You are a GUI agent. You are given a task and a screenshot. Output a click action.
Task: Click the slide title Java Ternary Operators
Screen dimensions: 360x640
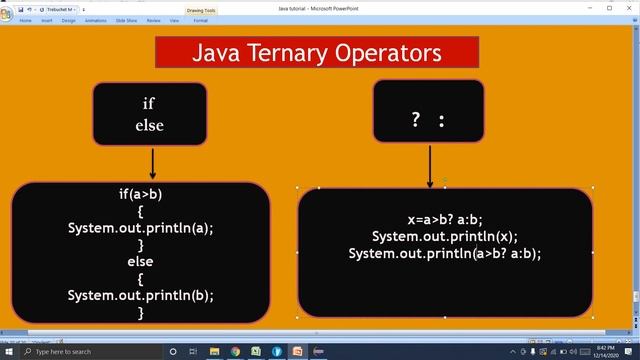[317, 52]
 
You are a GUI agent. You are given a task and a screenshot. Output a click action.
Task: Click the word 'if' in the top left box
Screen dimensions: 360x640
[149, 103]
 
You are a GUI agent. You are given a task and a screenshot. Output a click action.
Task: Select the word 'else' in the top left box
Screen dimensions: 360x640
[149, 125]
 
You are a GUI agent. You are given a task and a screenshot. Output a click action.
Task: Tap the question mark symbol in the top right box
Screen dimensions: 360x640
[415, 120]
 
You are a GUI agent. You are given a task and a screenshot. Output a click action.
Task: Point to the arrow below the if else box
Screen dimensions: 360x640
[152, 163]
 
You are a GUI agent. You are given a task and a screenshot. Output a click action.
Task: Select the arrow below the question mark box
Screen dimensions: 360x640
[430, 166]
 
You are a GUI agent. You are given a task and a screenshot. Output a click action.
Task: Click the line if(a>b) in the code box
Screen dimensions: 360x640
[141, 194]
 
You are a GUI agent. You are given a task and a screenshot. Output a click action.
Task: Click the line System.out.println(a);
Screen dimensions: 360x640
[141, 228]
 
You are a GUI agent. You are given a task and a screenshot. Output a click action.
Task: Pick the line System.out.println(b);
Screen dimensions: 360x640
[141, 295]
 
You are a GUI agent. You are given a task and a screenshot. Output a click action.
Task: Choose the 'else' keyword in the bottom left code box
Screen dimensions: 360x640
[141, 261]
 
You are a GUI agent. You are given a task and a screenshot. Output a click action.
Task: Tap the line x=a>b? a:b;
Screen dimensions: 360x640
[445, 219]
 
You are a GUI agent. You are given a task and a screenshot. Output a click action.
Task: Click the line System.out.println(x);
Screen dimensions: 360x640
[445, 236]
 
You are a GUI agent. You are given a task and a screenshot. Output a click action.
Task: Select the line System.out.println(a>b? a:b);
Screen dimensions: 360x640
[445, 253]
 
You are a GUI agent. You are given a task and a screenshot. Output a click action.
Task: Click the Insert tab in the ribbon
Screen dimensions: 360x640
[47, 20]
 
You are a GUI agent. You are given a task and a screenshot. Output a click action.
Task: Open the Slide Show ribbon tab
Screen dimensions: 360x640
[125, 20]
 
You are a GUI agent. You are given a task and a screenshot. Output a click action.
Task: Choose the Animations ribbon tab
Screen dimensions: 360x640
[96, 20]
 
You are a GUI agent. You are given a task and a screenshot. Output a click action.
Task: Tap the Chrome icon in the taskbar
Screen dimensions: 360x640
[236, 352]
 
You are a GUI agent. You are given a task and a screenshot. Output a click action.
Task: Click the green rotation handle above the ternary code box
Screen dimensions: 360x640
[445, 180]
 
